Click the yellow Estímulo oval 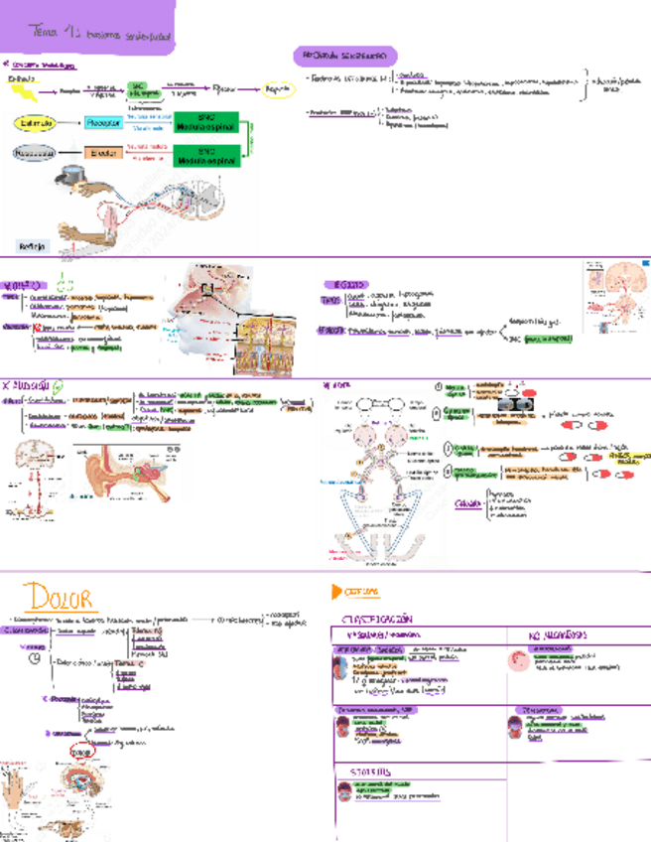[x=34, y=122]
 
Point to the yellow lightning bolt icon [x=28, y=93]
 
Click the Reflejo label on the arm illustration [x=32, y=245]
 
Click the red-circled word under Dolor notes [x=80, y=751]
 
